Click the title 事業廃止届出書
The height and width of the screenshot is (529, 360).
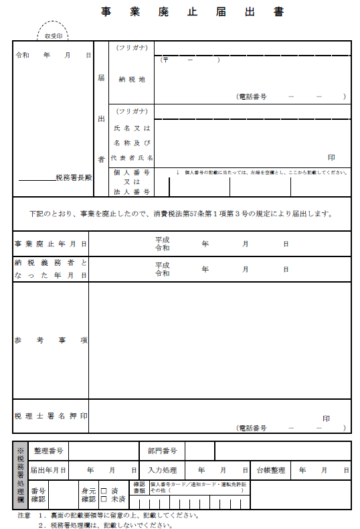(193, 11)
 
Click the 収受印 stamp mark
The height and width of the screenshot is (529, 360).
(54, 35)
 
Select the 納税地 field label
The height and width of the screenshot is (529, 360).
(132, 79)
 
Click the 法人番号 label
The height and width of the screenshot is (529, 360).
(132, 192)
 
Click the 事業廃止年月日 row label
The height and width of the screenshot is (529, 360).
(51, 243)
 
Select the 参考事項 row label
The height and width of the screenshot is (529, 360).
(51, 340)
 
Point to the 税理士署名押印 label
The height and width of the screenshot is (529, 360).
(51, 416)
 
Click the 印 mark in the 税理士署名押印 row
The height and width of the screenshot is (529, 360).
(326, 419)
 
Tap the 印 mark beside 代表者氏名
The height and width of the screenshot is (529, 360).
(331, 157)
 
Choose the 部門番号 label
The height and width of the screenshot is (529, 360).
(162, 451)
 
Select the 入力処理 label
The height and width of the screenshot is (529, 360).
(162, 471)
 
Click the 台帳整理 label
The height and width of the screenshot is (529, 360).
(270, 471)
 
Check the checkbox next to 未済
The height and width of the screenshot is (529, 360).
(104, 499)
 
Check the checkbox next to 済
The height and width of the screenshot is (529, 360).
(104, 490)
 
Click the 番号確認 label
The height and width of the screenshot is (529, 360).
(38, 495)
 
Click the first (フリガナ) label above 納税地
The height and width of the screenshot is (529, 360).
(132, 48)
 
